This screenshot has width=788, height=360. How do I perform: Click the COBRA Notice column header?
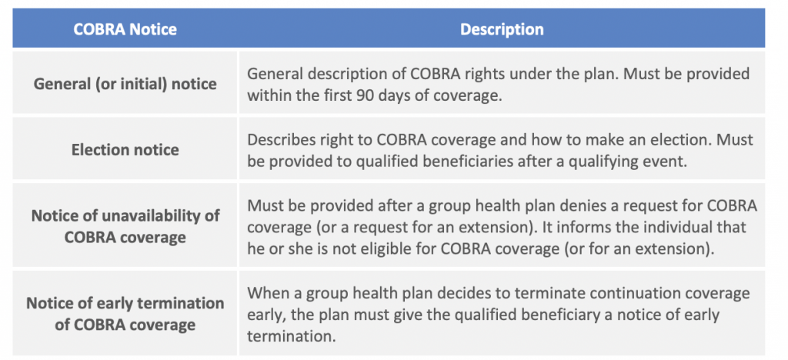(125, 29)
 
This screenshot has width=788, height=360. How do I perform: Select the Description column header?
(502, 29)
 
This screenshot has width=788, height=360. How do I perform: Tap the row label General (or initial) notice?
(125, 83)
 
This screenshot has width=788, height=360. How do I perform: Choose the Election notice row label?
(125, 150)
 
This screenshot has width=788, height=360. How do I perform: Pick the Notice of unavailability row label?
(125, 226)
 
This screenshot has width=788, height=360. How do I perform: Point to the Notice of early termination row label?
(125, 314)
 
